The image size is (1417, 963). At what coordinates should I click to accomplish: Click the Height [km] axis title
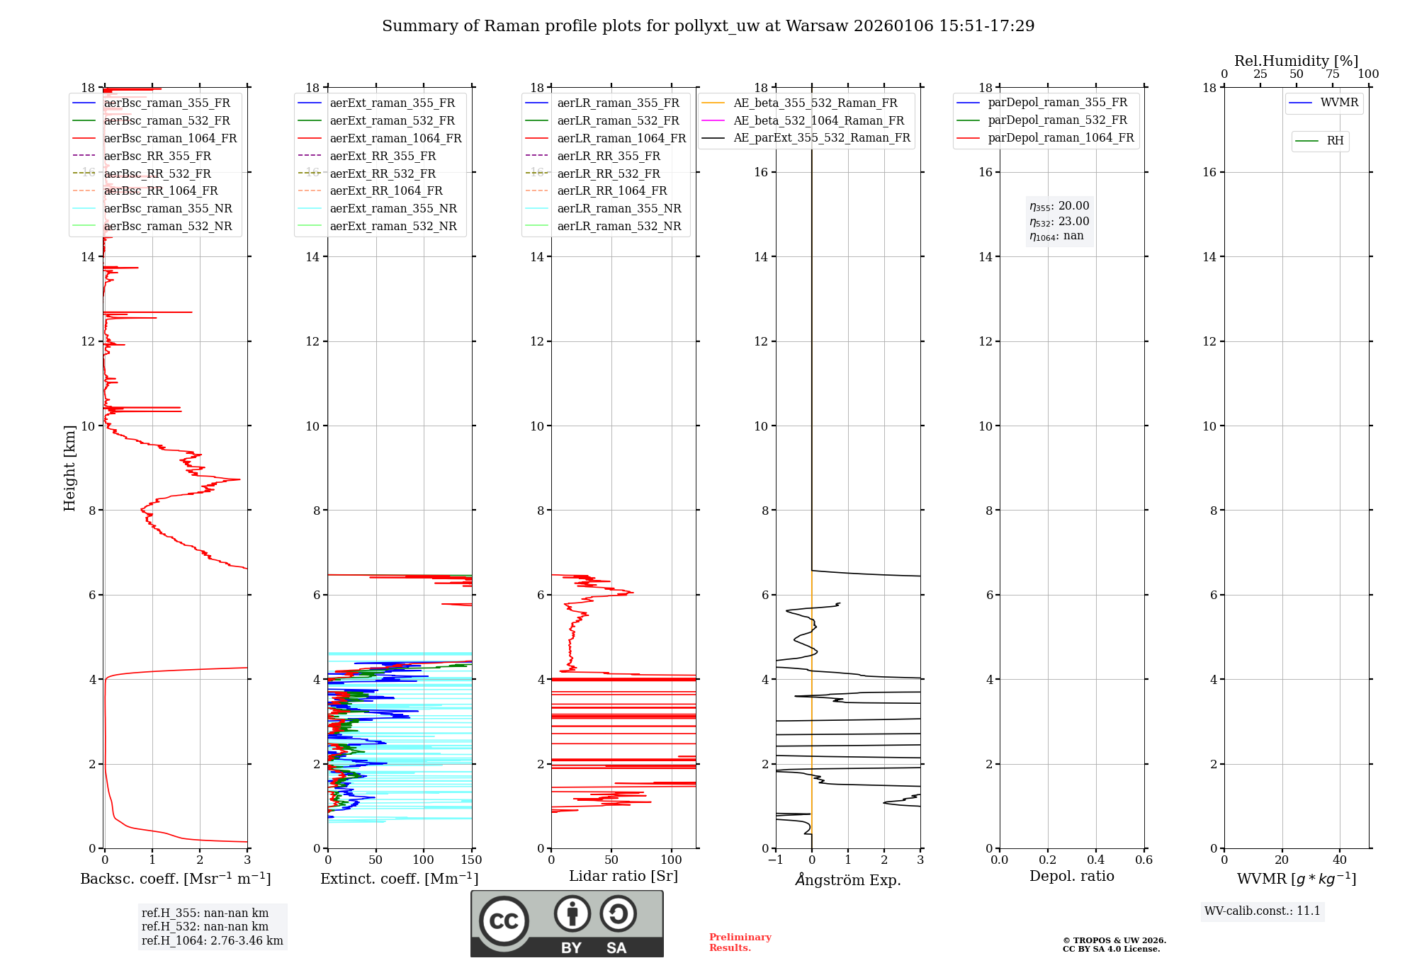[69, 468]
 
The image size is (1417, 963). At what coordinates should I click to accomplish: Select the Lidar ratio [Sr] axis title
[623, 877]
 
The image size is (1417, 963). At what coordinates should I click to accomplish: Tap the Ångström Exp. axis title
[848, 880]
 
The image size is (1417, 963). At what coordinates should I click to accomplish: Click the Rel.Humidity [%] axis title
[1296, 61]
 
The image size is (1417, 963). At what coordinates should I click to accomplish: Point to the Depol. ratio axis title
[1071, 877]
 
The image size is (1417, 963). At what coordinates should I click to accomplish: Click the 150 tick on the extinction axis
[471, 860]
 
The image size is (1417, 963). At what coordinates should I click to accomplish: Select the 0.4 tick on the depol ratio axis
[1095, 860]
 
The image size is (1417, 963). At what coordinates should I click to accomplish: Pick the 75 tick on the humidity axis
[1332, 74]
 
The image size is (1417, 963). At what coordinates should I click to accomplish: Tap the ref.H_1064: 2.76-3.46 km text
[212, 941]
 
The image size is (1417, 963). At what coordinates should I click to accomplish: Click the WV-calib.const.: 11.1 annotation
[1263, 911]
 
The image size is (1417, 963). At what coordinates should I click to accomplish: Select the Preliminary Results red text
[740, 942]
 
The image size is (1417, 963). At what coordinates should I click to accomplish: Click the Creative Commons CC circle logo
[504, 921]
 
